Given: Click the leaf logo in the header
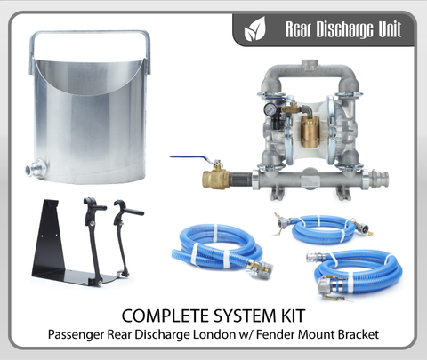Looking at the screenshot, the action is (x=254, y=29).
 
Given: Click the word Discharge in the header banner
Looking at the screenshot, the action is (x=341, y=29).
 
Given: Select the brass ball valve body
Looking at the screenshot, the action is (x=216, y=178).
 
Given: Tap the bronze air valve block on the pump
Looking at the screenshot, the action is (x=309, y=131).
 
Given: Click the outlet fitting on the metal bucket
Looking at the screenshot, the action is (x=36, y=169).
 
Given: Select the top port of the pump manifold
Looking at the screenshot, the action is (x=310, y=64).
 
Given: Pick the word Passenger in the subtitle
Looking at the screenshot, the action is (x=77, y=335).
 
